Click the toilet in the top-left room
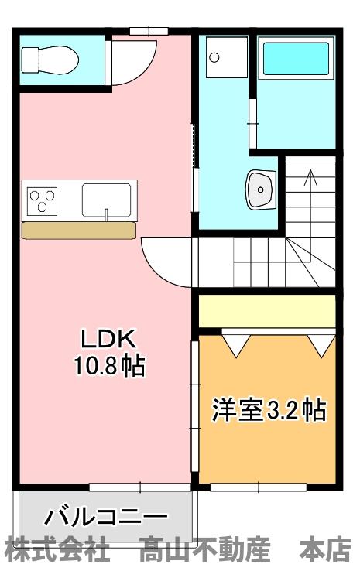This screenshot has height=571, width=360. (48, 58)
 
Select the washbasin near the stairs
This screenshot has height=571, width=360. (261, 188)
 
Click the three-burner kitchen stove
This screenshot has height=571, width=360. (43, 200)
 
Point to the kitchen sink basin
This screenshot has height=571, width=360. (108, 200)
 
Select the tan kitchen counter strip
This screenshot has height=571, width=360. (79, 230)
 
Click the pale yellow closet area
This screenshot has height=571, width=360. (267, 310)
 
